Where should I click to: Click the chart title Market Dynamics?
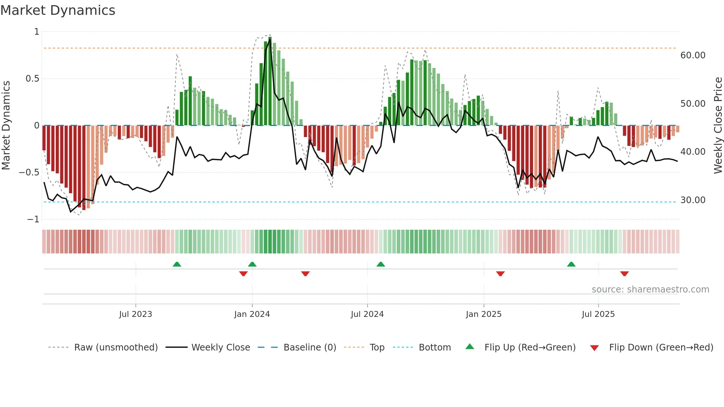(x=58, y=10)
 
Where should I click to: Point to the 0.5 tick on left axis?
(x=32, y=79)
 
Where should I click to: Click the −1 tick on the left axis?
(x=33, y=219)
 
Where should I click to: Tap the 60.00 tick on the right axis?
(x=693, y=55)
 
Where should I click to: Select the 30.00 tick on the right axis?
(x=693, y=200)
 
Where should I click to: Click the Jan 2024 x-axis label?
(x=252, y=314)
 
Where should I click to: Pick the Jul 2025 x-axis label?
(x=598, y=314)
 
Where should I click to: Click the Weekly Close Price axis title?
(x=718, y=126)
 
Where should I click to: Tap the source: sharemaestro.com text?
(x=650, y=290)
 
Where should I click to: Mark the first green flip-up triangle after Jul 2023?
(x=177, y=264)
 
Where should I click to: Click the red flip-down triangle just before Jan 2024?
(x=243, y=274)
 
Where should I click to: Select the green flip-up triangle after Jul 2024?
(x=381, y=264)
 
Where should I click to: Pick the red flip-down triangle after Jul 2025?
(x=625, y=274)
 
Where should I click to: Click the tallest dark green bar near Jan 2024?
(x=270, y=81)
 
